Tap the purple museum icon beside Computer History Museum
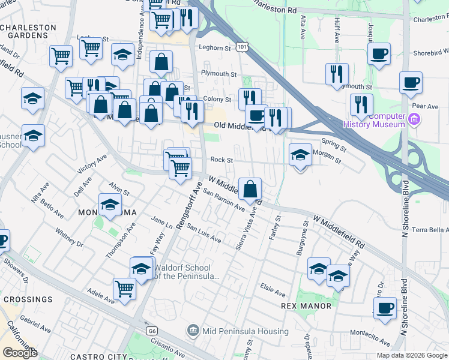point(414,120)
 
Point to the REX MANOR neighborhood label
point(306,306)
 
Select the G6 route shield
point(151,331)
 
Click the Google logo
point(19,353)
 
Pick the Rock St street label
point(221,160)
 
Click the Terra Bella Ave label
point(430,230)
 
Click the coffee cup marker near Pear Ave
point(411,83)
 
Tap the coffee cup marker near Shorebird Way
point(379,53)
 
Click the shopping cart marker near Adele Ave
point(125,289)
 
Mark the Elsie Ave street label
point(273,290)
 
